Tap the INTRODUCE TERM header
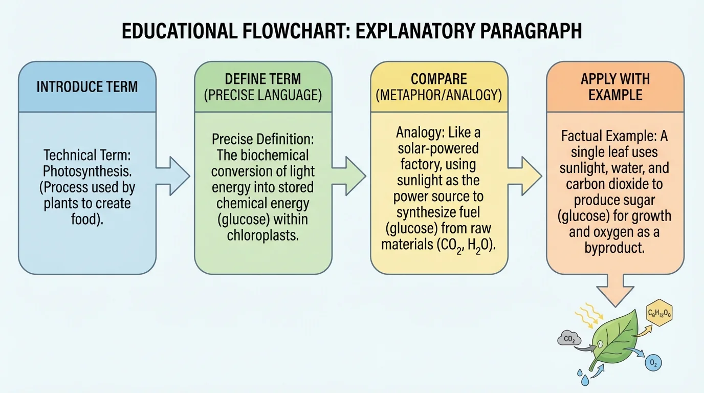tap(87, 86)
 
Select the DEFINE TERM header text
tap(263, 79)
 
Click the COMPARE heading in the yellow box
tap(439, 79)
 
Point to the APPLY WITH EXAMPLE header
tap(615, 87)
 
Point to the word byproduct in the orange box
tap(614, 248)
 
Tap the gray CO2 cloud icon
tap(569, 338)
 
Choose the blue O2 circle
tap(653, 363)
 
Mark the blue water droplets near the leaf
tap(583, 376)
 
